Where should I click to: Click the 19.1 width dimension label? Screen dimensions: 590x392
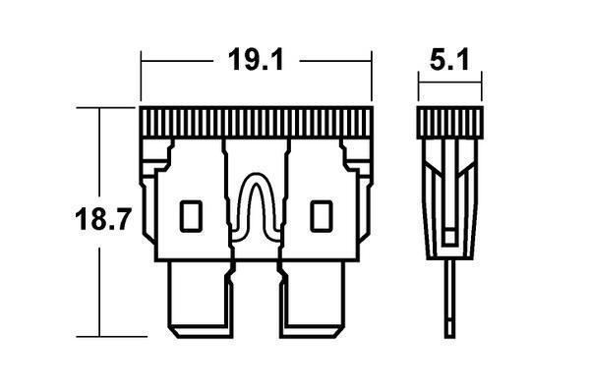[x=256, y=60]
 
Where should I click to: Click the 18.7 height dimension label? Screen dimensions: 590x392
[x=102, y=219]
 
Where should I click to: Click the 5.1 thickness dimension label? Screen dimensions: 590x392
[x=449, y=60]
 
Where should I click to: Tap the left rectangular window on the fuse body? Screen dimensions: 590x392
[x=191, y=216]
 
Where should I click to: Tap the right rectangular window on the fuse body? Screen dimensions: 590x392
[x=322, y=216]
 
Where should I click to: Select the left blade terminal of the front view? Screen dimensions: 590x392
[x=201, y=300]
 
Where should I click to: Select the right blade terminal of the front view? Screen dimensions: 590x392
[x=312, y=300]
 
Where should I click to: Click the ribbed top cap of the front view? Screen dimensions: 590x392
[x=257, y=122]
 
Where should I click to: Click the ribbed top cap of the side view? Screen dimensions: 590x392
[x=449, y=123]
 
